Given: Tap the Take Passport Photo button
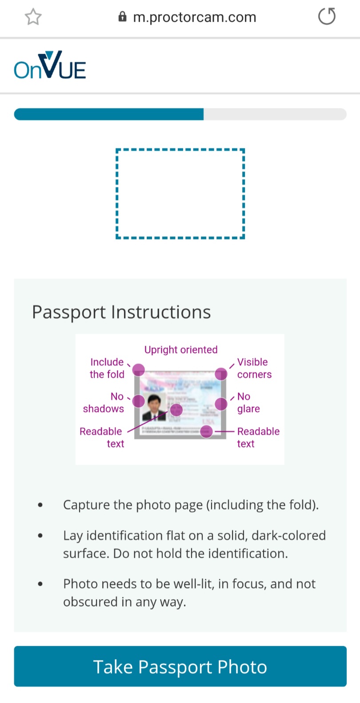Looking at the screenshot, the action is point(180,666).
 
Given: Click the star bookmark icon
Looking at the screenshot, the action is point(33,17).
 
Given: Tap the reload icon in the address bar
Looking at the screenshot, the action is point(327,17).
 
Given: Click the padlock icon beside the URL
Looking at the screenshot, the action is point(122,17).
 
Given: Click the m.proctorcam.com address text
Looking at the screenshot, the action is point(195,17).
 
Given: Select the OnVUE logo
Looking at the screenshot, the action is point(50,66).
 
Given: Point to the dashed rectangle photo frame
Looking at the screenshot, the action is point(180,194).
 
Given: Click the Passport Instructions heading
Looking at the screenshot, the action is point(121,312).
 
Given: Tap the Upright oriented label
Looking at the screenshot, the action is point(181,350).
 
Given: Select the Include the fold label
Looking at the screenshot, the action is point(107,368).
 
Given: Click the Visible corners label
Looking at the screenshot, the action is point(254,368).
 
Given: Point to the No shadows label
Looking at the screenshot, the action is point(104,402).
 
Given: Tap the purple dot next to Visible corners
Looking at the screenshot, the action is point(221,374).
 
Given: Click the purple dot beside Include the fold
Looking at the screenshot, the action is point(139,370).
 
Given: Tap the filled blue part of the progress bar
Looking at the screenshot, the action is point(109,114).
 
